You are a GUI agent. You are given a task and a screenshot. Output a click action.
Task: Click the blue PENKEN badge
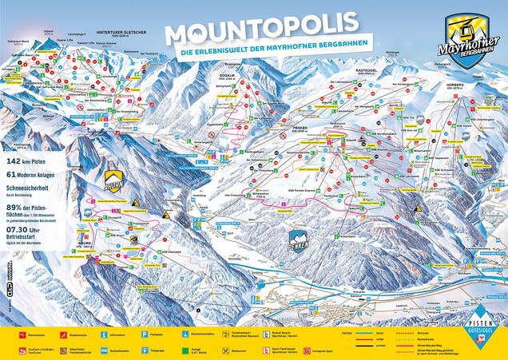(297, 238)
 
